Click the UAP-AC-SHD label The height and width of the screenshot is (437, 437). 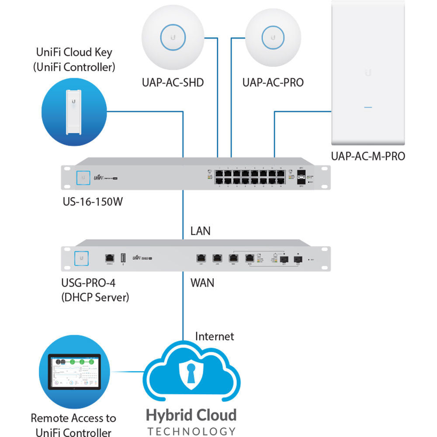tap(172, 82)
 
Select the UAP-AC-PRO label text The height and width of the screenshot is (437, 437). tap(273, 82)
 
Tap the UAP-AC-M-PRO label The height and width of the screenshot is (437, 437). tap(368, 156)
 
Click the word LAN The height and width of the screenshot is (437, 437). tap(200, 231)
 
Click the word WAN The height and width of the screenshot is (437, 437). tap(202, 282)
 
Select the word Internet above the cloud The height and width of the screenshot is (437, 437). tap(215, 336)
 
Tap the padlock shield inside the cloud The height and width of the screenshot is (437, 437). tap(191, 375)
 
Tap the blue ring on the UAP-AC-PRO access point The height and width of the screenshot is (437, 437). tap(273, 37)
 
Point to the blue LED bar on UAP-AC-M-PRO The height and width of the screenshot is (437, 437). tap(368, 107)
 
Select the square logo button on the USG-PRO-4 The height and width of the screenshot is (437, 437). tap(82, 258)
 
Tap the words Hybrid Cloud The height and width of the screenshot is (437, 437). tap(191, 415)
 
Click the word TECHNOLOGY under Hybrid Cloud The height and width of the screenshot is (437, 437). tap(191, 431)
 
